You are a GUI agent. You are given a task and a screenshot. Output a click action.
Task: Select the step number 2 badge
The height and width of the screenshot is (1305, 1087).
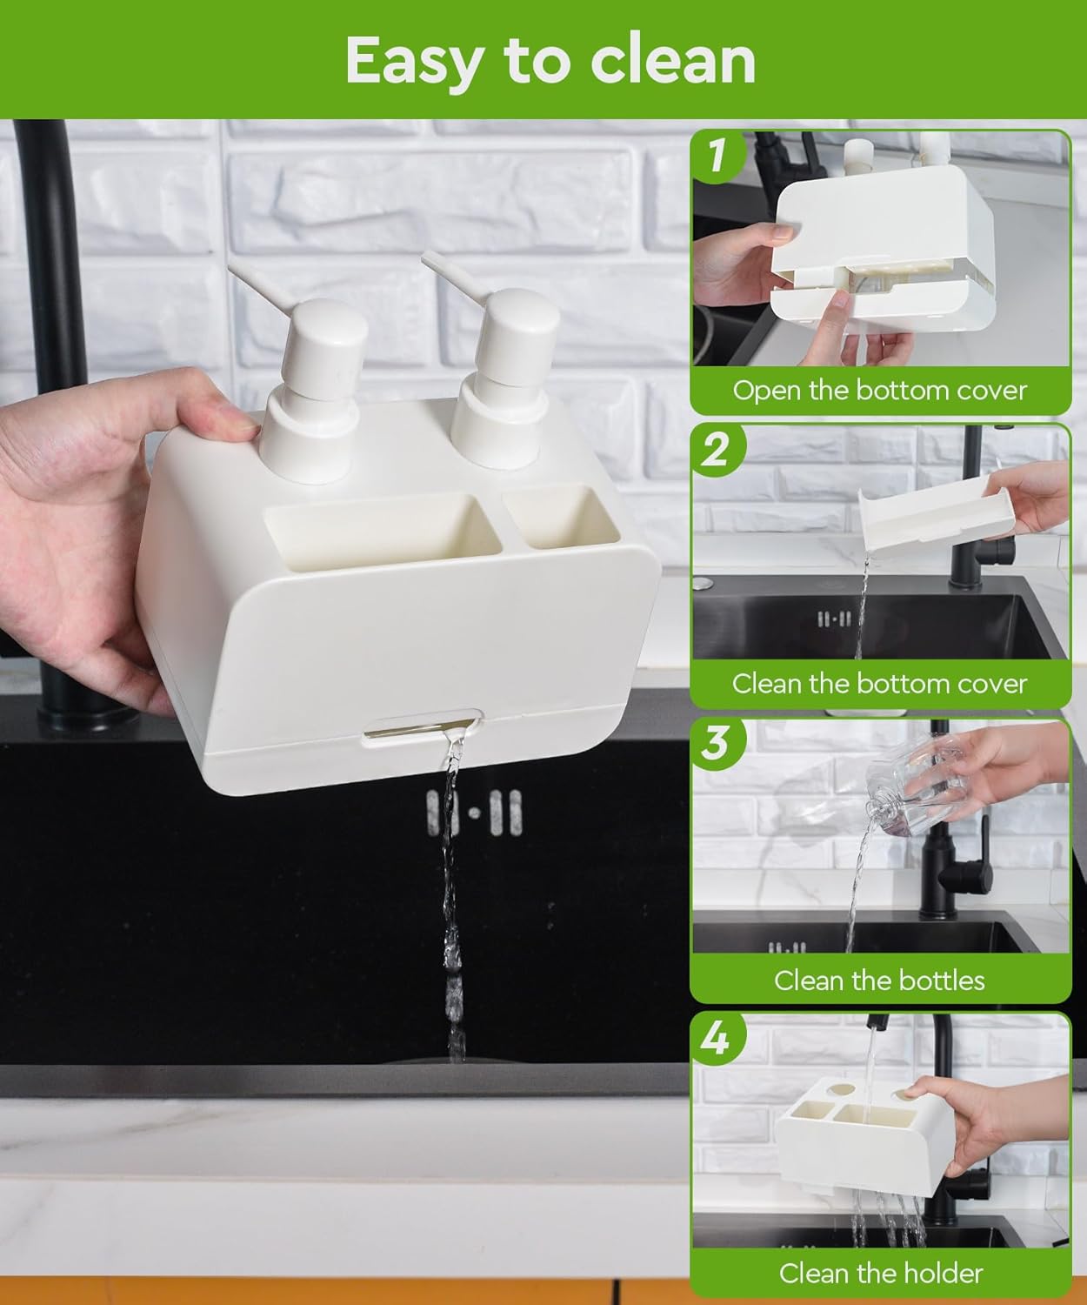point(717,450)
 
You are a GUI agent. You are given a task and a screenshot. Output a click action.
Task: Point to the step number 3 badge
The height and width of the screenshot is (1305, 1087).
point(717,745)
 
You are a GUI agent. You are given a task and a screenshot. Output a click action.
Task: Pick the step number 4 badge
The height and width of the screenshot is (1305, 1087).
point(717,1039)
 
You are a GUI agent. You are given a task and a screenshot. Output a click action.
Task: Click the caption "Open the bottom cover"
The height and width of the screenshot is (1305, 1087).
point(879,391)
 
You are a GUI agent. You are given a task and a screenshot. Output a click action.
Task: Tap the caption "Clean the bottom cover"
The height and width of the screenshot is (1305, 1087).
point(879,684)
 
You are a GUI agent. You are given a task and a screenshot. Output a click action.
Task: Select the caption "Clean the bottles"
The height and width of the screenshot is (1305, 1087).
point(879,980)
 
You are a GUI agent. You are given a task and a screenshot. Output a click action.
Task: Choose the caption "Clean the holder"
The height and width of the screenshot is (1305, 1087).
point(881,1273)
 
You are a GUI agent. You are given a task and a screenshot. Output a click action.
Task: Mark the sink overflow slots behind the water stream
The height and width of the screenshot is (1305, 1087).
point(474,813)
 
